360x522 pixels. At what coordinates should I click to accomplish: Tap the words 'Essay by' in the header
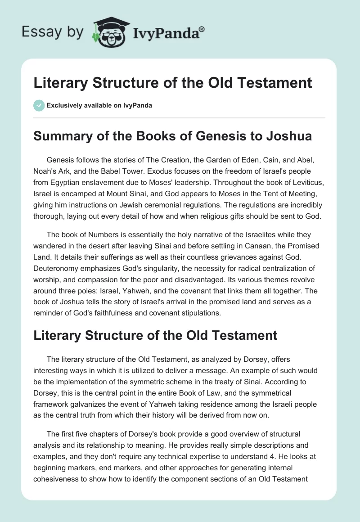[53, 32]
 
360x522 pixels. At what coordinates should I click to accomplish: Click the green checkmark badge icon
[39, 105]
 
